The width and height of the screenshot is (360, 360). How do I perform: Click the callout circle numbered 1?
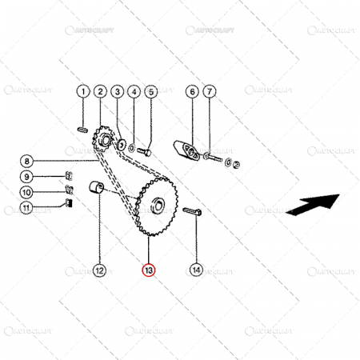coord(82,92)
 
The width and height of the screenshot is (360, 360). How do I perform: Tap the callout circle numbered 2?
coord(100,92)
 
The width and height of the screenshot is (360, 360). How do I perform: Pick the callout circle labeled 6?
coord(192,92)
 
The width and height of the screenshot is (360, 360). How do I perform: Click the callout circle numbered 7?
coord(210,92)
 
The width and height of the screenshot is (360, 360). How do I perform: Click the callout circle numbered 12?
coord(98,270)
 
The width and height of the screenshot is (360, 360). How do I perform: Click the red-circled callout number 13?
coord(150,270)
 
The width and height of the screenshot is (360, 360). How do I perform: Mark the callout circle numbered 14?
coord(196,270)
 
